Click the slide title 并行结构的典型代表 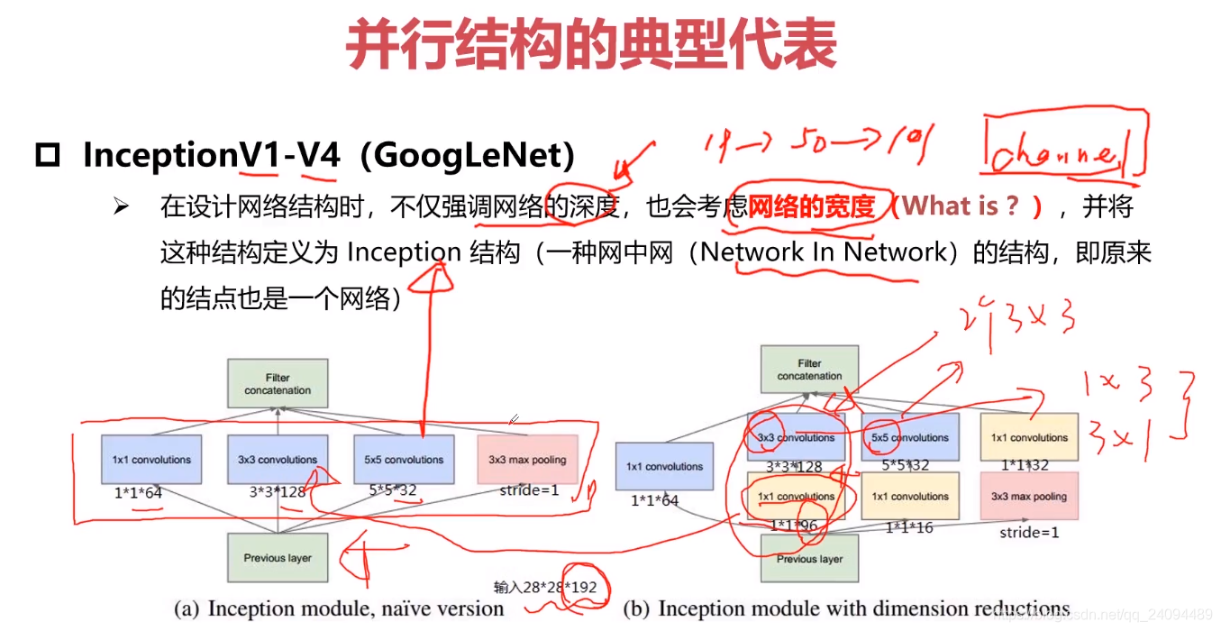point(591,46)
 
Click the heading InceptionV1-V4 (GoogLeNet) point(328,155)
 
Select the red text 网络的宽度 point(811,207)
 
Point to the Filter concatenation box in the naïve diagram point(277,384)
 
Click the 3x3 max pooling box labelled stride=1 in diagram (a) point(527,459)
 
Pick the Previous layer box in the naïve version point(277,557)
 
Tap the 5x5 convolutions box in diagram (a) point(403,459)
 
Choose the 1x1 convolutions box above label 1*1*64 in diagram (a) point(151,459)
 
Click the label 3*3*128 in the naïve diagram point(277,492)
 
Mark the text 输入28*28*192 point(544,587)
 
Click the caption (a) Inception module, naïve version point(338,609)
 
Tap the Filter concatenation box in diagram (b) point(809,370)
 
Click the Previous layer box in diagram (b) point(809,558)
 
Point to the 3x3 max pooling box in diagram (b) point(1028,496)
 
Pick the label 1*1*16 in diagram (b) point(909,527)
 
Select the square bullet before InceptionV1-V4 point(47,156)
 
